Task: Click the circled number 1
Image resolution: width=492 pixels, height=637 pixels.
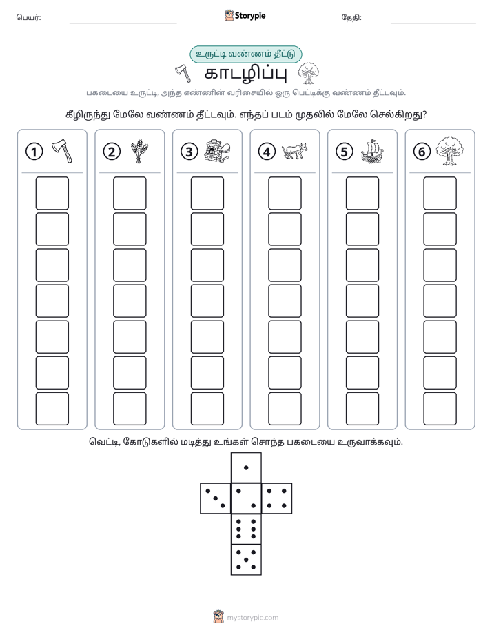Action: (x=34, y=152)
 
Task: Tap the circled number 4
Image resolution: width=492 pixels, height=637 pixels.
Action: (x=267, y=152)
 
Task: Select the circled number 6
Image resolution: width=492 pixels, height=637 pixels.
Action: (x=422, y=152)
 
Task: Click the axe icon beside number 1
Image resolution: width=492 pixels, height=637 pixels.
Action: (x=62, y=151)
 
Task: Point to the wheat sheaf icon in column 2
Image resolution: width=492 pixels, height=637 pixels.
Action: (x=139, y=151)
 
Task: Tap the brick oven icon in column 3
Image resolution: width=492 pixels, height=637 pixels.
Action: (x=216, y=151)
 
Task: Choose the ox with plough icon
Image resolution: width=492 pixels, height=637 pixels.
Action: (x=294, y=151)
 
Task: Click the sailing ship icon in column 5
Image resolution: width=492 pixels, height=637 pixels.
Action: (x=372, y=152)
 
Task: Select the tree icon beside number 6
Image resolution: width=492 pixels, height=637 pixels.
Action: (x=449, y=151)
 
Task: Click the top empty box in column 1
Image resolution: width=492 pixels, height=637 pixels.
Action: (x=52, y=193)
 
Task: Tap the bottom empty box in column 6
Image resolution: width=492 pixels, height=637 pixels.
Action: (x=440, y=409)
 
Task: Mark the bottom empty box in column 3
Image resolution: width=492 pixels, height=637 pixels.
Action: (x=207, y=409)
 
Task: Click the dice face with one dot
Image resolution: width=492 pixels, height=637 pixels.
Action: (x=246, y=467)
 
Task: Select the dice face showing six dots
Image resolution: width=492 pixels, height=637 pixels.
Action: (x=246, y=529)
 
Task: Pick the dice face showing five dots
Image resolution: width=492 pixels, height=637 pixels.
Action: (x=246, y=559)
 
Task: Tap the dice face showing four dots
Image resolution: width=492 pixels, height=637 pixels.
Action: (x=277, y=498)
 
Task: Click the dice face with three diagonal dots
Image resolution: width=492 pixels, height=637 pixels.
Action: (x=216, y=498)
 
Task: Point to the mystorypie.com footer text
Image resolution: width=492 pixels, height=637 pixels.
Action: (x=252, y=618)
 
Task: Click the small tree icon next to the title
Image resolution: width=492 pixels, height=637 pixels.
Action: (x=308, y=74)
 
